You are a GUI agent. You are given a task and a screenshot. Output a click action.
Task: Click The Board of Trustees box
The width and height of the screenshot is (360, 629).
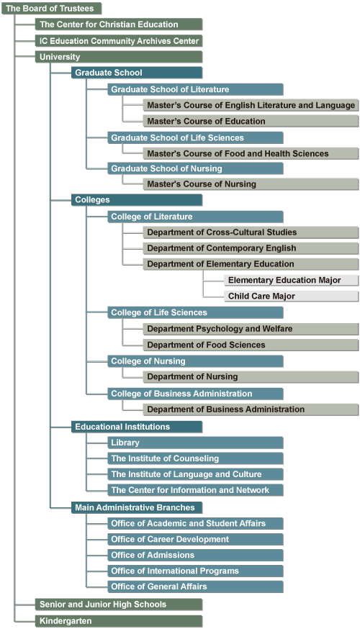[x=51, y=9]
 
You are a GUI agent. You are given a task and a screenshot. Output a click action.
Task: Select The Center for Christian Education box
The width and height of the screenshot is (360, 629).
[x=119, y=24]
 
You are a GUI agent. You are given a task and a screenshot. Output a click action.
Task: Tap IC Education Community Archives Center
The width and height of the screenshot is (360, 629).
[x=119, y=41]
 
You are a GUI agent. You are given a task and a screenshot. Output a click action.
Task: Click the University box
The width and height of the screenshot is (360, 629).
[x=119, y=57]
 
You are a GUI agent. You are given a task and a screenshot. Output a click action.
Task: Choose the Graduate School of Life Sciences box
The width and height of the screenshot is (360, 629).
[x=195, y=137]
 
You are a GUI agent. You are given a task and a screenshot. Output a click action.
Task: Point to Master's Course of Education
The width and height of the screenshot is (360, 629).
[x=251, y=121]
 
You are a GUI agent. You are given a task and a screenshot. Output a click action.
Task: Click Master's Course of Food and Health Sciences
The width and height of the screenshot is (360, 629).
[x=251, y=153]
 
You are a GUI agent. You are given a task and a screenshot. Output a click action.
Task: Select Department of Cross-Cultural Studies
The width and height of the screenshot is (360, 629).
[x=251, y=232]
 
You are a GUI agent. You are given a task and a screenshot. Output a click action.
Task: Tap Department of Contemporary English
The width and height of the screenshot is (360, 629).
[x=251, y=248]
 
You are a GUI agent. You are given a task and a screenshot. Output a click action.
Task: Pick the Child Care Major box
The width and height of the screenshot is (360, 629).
[x=292, y=296]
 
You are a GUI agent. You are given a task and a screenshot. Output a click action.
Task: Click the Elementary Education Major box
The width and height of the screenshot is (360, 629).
[x=292, y=280]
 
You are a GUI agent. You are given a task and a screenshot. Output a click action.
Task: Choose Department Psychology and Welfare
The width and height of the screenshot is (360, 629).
[x=251, y=329]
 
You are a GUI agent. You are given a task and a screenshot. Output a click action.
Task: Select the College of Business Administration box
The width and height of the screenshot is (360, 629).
[x=195, y=394]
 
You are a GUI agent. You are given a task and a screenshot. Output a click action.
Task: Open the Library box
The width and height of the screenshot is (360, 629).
[x=195, y=443]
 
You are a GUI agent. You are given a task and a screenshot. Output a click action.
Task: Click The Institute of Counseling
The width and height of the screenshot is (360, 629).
[x=195, y=458]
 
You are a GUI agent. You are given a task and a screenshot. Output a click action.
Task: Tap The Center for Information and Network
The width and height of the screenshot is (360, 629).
[x=195, y=490]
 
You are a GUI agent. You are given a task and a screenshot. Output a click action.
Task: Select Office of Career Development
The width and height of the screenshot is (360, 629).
[x=195, y=539]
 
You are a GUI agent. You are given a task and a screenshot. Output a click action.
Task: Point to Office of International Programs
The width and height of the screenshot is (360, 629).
[x=195, y=571]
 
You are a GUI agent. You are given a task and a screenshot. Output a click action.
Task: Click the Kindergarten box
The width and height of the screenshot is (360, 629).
[x=119, y=621]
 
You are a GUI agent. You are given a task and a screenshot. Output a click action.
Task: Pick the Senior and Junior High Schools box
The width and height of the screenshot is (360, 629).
[x=119, y=605]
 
